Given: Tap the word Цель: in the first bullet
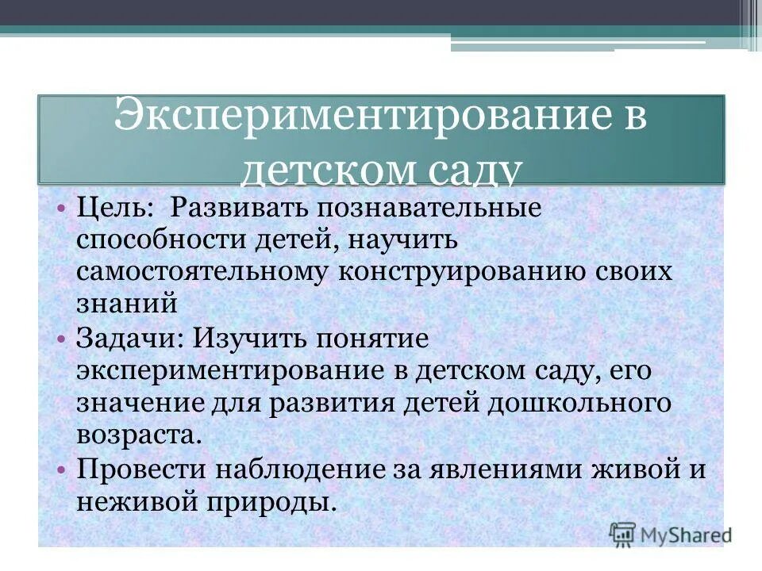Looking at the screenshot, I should (x=116, y=209).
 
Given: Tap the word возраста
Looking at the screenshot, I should (x=134, y=434).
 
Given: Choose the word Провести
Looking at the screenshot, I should (x=139, y=469).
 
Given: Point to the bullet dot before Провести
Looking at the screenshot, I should (x=61, y=469).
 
